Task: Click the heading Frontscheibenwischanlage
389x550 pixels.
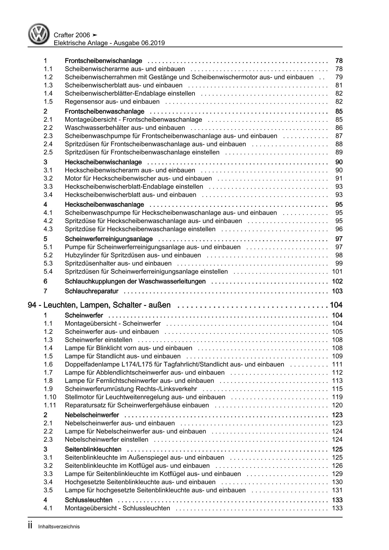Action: [103, 61]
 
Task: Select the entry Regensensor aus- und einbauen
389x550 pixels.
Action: [112, 102]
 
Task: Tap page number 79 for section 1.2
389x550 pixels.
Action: [339, 77]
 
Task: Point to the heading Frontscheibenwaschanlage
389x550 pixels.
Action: [104, 111]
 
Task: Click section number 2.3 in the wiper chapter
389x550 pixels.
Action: [48, 136]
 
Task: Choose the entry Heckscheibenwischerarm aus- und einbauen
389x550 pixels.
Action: [130, 170]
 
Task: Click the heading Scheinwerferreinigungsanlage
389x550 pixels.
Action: [109, 239]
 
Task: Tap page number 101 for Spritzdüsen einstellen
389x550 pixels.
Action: [337, 272]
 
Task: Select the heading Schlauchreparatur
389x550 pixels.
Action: [91, 291]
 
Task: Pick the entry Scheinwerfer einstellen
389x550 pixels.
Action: [99, 340]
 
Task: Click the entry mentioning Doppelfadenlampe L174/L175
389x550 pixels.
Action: [174, 364]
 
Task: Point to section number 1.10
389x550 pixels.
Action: [50, 397]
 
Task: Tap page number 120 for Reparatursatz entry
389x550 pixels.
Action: [337, 405]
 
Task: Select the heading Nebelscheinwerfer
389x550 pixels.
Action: [92, 415]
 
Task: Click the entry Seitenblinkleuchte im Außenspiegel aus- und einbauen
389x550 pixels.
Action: [144, 457]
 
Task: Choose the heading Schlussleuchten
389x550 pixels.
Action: [88, 500]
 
